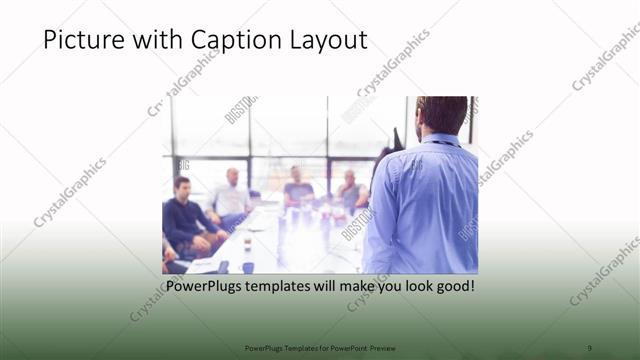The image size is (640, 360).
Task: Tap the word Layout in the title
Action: pyautogui.click(x=330, y=41)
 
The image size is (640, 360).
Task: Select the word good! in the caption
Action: pyautogui.click(x=452, y=287)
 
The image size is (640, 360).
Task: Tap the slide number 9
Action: pyautogui.click(x=589, y=347)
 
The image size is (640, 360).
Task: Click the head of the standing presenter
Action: pyautogui.click(x=441, y=116)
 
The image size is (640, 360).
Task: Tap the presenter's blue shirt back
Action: pyautogui.click(x=425, y=210)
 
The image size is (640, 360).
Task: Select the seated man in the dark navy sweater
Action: pyautogui.click(x=182, y=215)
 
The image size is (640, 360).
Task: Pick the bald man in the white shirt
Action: pyautogui.click(x=231, y=196)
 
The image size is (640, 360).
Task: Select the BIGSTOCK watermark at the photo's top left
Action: pyautogui.click(x=241, y=109)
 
